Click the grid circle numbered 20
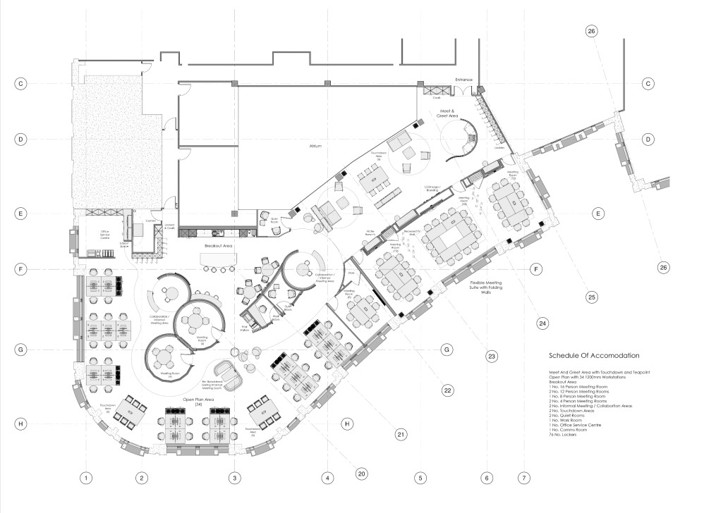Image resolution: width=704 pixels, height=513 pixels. tap(361, 473)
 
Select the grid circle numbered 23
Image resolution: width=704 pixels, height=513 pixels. tap(492, 356)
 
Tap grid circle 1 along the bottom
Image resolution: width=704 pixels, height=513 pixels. tap(85, 478)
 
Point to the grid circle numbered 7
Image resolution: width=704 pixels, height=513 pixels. tap(523, 478)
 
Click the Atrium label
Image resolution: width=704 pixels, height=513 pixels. tap(315, 147)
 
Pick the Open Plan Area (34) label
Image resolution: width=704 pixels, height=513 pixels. tap(198, 402)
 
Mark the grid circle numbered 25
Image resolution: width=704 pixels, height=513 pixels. tap(591, 297)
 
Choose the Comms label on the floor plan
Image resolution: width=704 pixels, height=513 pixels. tap(150, 221)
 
